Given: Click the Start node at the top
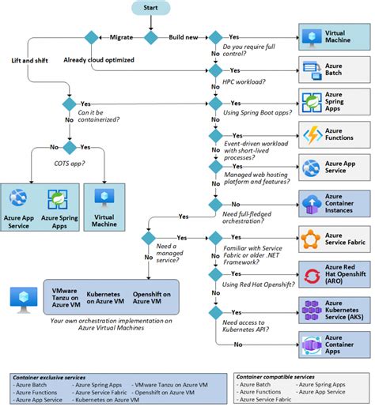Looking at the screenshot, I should click(151, 8).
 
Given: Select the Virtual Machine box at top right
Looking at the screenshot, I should click(331, 37).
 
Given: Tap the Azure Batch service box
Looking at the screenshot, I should click(331, 69).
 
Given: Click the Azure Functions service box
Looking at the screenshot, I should click(331, 132).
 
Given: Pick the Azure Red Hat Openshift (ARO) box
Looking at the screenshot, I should click(331, 273).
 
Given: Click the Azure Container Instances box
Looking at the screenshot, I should click(331, 203).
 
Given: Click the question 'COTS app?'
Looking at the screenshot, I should click(69, 163).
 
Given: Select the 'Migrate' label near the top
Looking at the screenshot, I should click(121, 37).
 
